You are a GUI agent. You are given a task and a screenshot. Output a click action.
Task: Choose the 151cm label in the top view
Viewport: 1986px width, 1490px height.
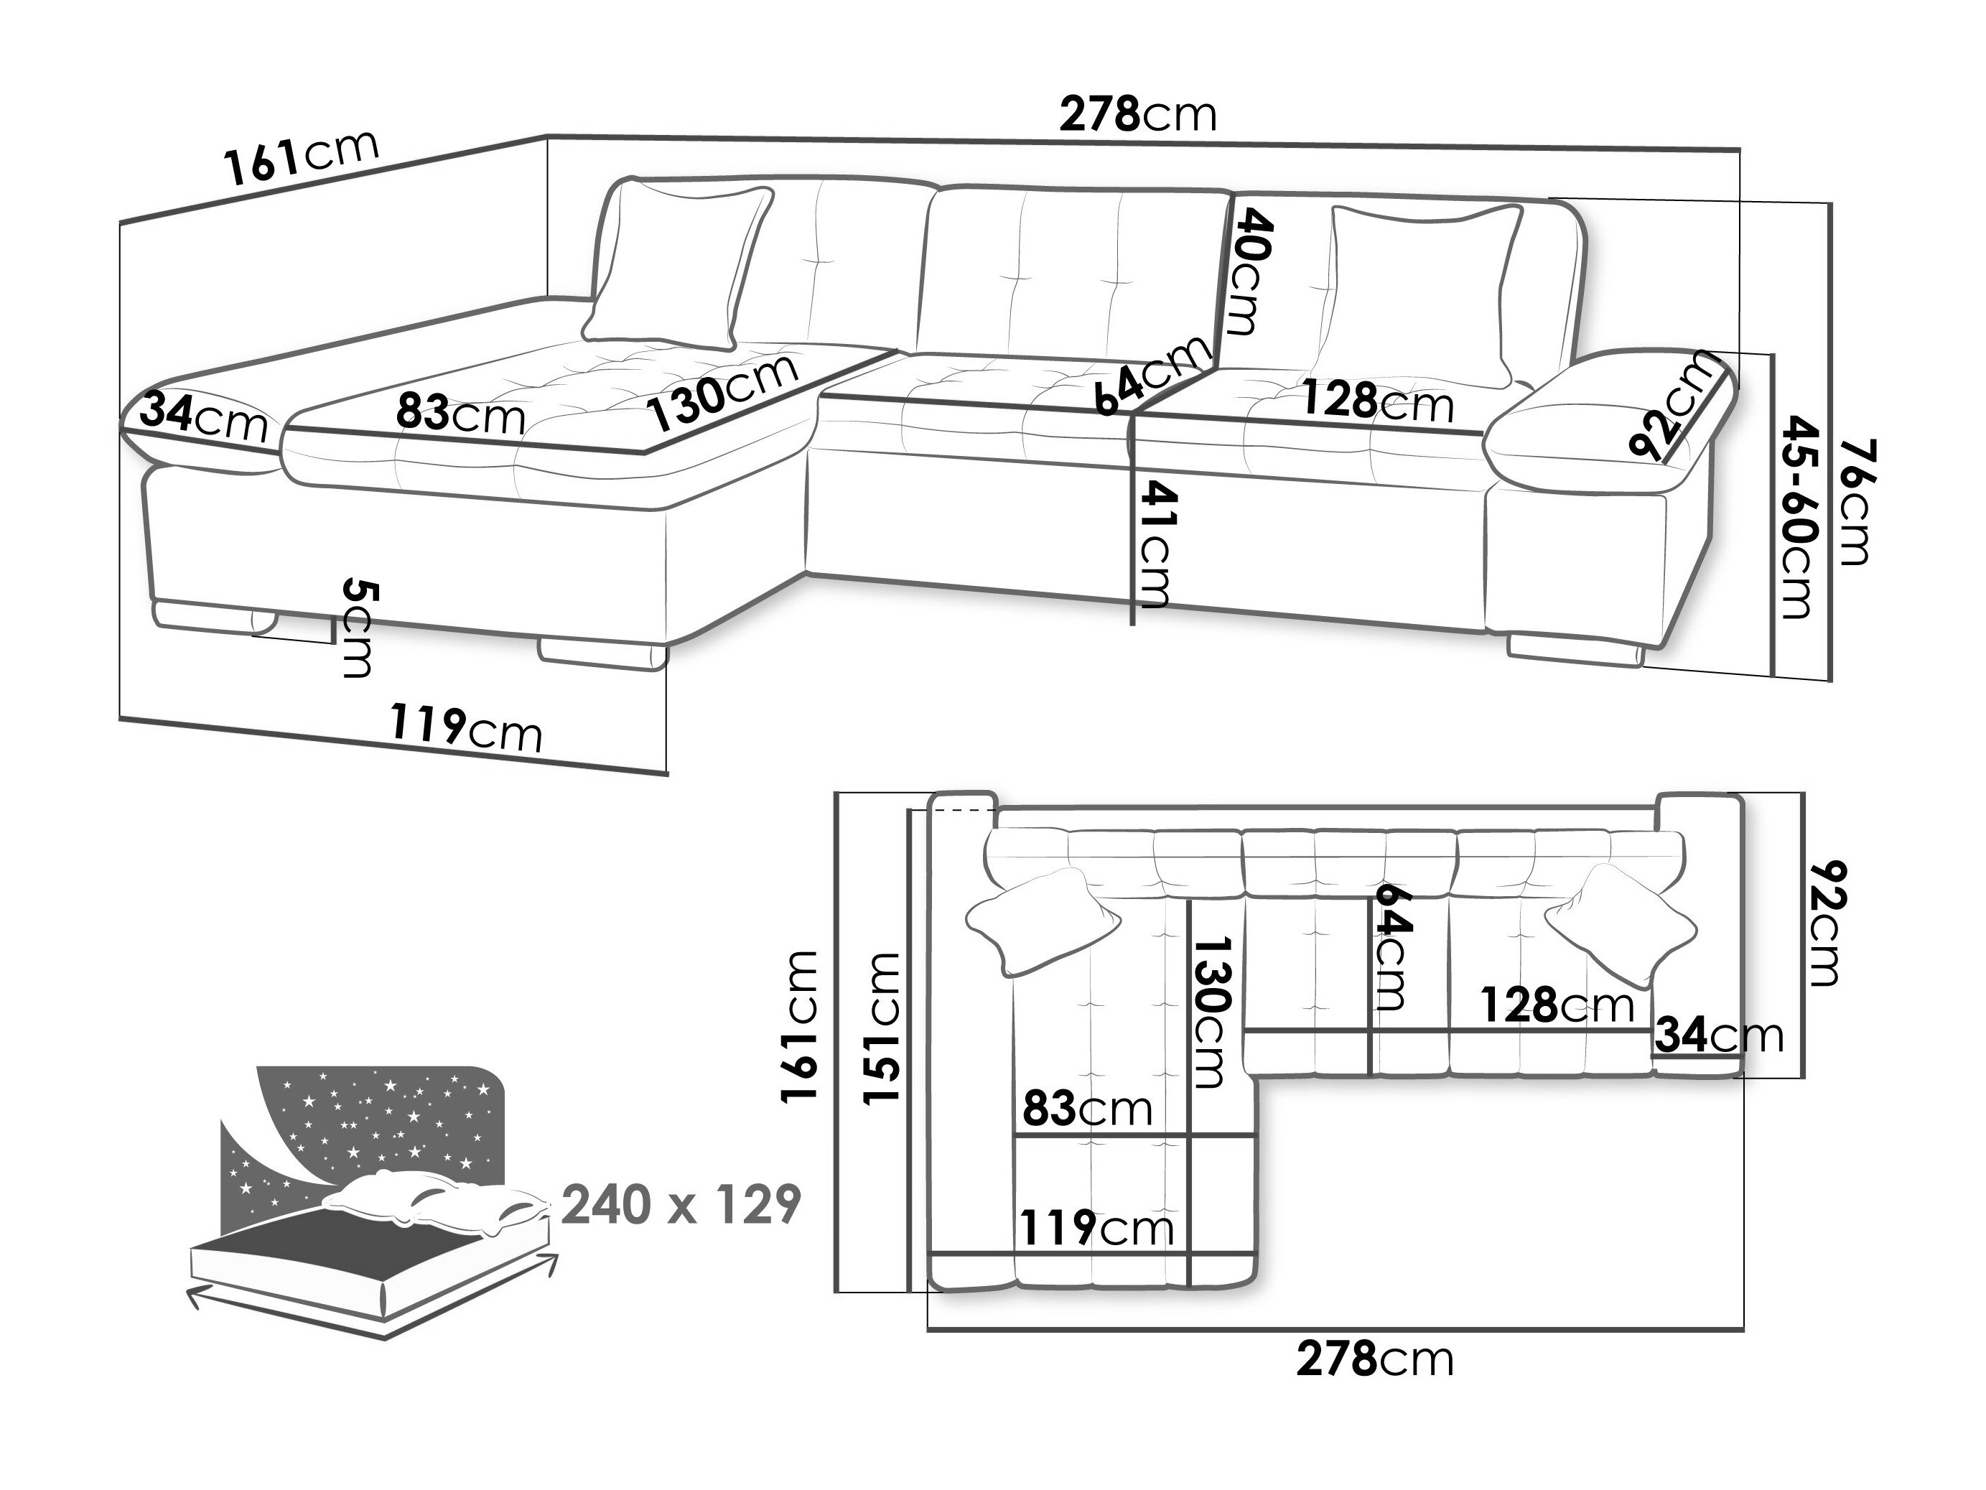(x=882, y=1028)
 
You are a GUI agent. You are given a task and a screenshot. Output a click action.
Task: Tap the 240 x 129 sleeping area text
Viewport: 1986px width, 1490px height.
(x=681, y=1206)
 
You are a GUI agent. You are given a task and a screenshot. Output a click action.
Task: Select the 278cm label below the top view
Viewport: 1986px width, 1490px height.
(x=1374, y=1359)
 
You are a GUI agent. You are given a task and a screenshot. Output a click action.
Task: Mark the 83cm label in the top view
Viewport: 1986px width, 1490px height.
(x=1087, y=1110)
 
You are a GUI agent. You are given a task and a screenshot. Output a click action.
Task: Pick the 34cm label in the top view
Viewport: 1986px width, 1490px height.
(x=1718, y=1035)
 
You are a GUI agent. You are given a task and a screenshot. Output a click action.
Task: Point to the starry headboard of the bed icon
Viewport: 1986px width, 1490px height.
(x=377, y=1118)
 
